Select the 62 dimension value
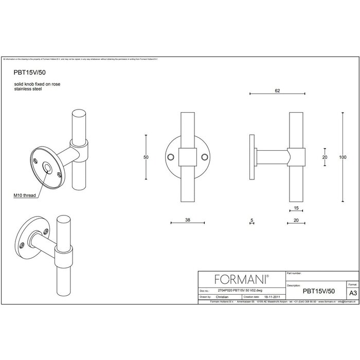pyautogui.click(x=277, y=91)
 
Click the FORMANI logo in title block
pyautogui.click(x=241, y=279)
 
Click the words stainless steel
pyautogui.click(x=28, y=89)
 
